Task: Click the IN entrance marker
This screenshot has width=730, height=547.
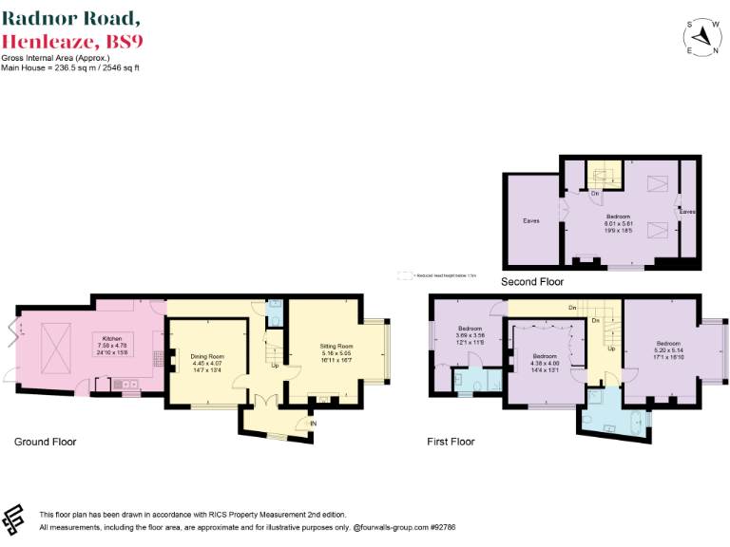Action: (x=313, y=423)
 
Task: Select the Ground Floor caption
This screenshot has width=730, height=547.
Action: (x=45, y=442)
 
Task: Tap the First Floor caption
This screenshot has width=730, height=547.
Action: (x=451, y=442)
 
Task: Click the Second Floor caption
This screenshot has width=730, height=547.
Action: (x=533, y=281)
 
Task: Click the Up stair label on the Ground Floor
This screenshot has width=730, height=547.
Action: (x=276, y=365)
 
